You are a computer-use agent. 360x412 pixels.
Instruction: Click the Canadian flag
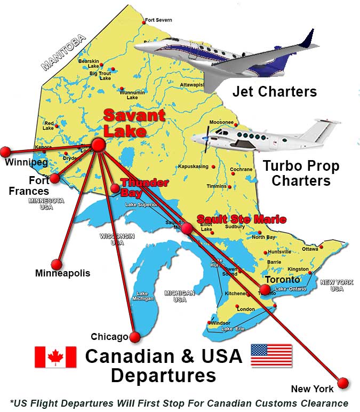pyautogui.click(x=55, y=356)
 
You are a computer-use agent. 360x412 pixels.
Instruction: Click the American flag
pyautogui.click(x=271, y=355)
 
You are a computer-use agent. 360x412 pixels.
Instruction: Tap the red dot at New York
pyautogui.click(x=343, y=383)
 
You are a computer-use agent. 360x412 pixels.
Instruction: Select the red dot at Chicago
pyautogui.click(x=134, y=337)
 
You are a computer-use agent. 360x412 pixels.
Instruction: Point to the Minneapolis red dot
pyautogui.click(x=56, y=264)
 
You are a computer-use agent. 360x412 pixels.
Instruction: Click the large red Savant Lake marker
pyautogui.click(x=98, y=144)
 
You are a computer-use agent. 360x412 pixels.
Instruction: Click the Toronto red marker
pyautogui.click(x=265, y=290)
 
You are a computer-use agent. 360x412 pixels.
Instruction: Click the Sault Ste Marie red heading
pyautogui.click(x=241, y=219)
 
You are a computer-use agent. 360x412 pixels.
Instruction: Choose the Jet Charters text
pyautogui.click(x=274, y=92)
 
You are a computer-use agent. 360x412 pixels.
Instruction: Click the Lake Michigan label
pyautogui.click(x=142, y=297)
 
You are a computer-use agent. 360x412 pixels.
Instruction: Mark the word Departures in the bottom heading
pyautogui.click(x=163, y=375)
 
